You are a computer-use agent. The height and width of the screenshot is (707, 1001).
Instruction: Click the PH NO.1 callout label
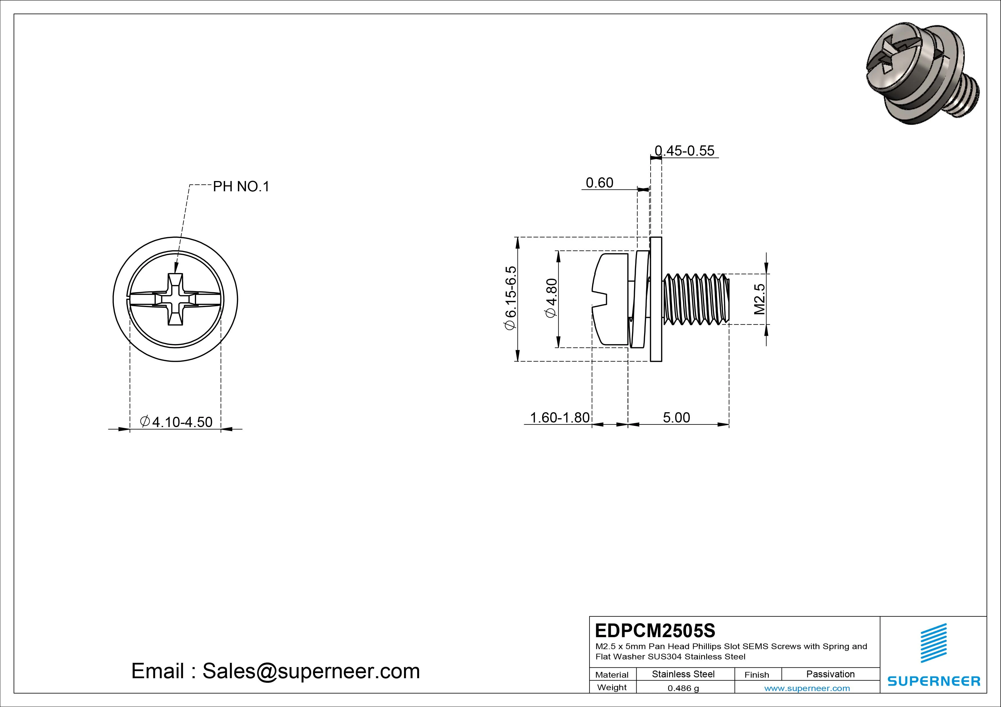point(241,187)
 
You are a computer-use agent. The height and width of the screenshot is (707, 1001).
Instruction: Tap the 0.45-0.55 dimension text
point(685,151)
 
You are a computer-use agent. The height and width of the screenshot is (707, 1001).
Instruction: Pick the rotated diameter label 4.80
point(552,298)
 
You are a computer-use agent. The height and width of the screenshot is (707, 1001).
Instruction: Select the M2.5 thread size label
point(760,299)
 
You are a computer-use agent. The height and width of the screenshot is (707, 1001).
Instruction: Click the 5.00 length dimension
point(676,417)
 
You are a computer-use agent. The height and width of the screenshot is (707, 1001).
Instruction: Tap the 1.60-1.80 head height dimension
point(559,417)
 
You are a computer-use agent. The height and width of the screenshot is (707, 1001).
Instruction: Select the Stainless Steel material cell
point(683,674)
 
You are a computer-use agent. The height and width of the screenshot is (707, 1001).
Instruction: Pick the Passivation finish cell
point(830,674)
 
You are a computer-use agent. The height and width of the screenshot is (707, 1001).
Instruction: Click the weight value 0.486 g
point(683,688)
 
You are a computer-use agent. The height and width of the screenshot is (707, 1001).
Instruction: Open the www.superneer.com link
point(807,688)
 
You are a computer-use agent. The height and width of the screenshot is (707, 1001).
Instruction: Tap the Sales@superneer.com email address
point(310,671)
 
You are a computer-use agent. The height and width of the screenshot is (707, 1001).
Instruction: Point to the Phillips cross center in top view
point(175,299)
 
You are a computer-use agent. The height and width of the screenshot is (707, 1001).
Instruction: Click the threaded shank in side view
point(695,299)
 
